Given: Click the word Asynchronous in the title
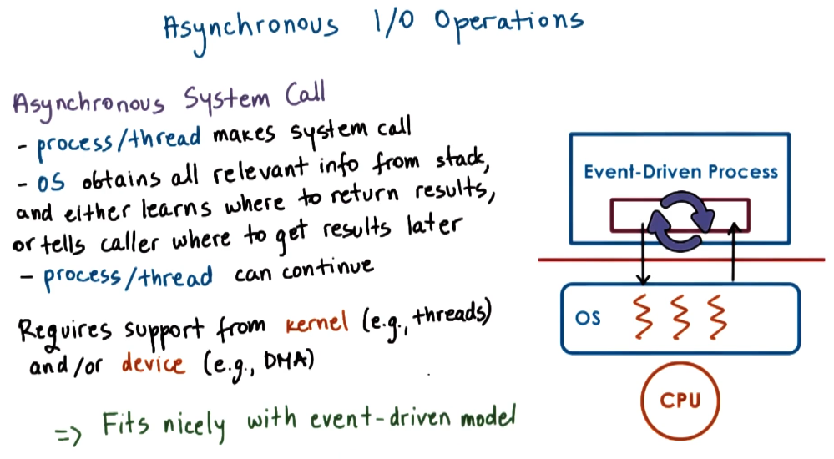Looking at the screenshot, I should click(x=250, y=27).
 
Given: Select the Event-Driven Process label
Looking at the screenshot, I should click(x=680, y=173).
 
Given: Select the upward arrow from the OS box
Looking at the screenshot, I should click(x=732, y=250).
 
